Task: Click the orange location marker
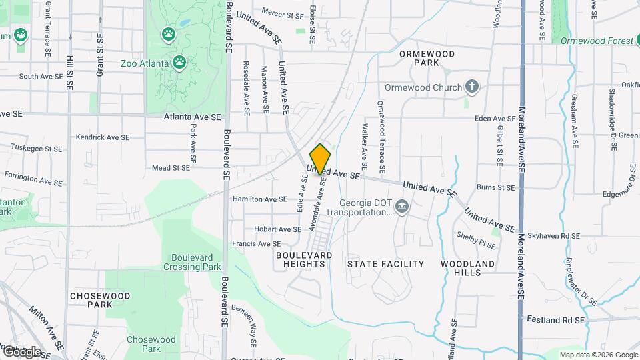[x=321, y=159]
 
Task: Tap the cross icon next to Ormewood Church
[x=472, y=87]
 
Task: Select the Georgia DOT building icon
[x=401, y=207]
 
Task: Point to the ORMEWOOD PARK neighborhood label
[x=427, y=58]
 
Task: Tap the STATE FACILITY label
[x=386, y=264]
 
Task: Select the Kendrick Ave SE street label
[x=102, y=137]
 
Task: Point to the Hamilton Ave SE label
[x=259, y=199]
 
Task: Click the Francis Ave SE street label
[x=257, y=244]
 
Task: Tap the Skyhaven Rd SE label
[x=554, y=236]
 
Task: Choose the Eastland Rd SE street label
[x=555, y=320]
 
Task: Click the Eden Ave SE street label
[x=495, y=119]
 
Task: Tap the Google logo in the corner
[x=21, y=351]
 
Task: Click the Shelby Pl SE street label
[x=476, y=241]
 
